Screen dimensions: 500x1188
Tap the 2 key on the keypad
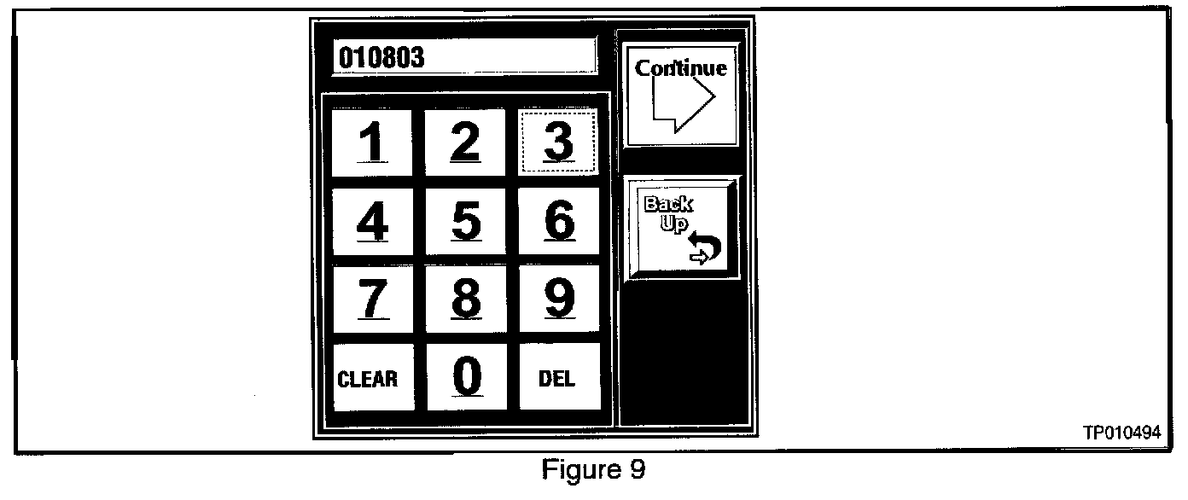465,142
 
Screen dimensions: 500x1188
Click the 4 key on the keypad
372,221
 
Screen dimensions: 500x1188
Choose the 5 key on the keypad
465,221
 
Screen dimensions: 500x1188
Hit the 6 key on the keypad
558,221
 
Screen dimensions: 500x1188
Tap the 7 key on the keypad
372,299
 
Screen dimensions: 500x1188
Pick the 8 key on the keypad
465,299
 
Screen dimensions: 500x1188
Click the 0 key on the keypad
466,376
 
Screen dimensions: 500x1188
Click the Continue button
680,95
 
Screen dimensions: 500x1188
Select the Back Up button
683,228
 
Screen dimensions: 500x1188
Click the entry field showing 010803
463,57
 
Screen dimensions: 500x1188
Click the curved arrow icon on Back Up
705,249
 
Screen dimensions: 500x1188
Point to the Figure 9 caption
594,470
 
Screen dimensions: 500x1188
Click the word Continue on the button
681,68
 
